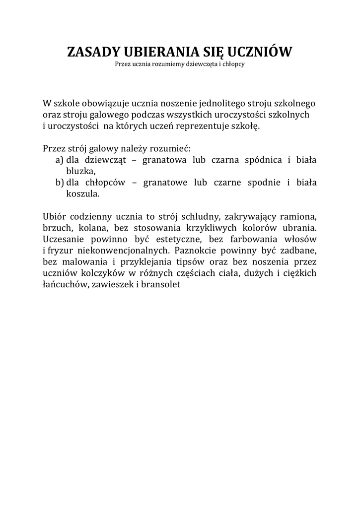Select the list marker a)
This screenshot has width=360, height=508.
pos(60,160)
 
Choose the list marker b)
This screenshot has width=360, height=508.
pos(60,183)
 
